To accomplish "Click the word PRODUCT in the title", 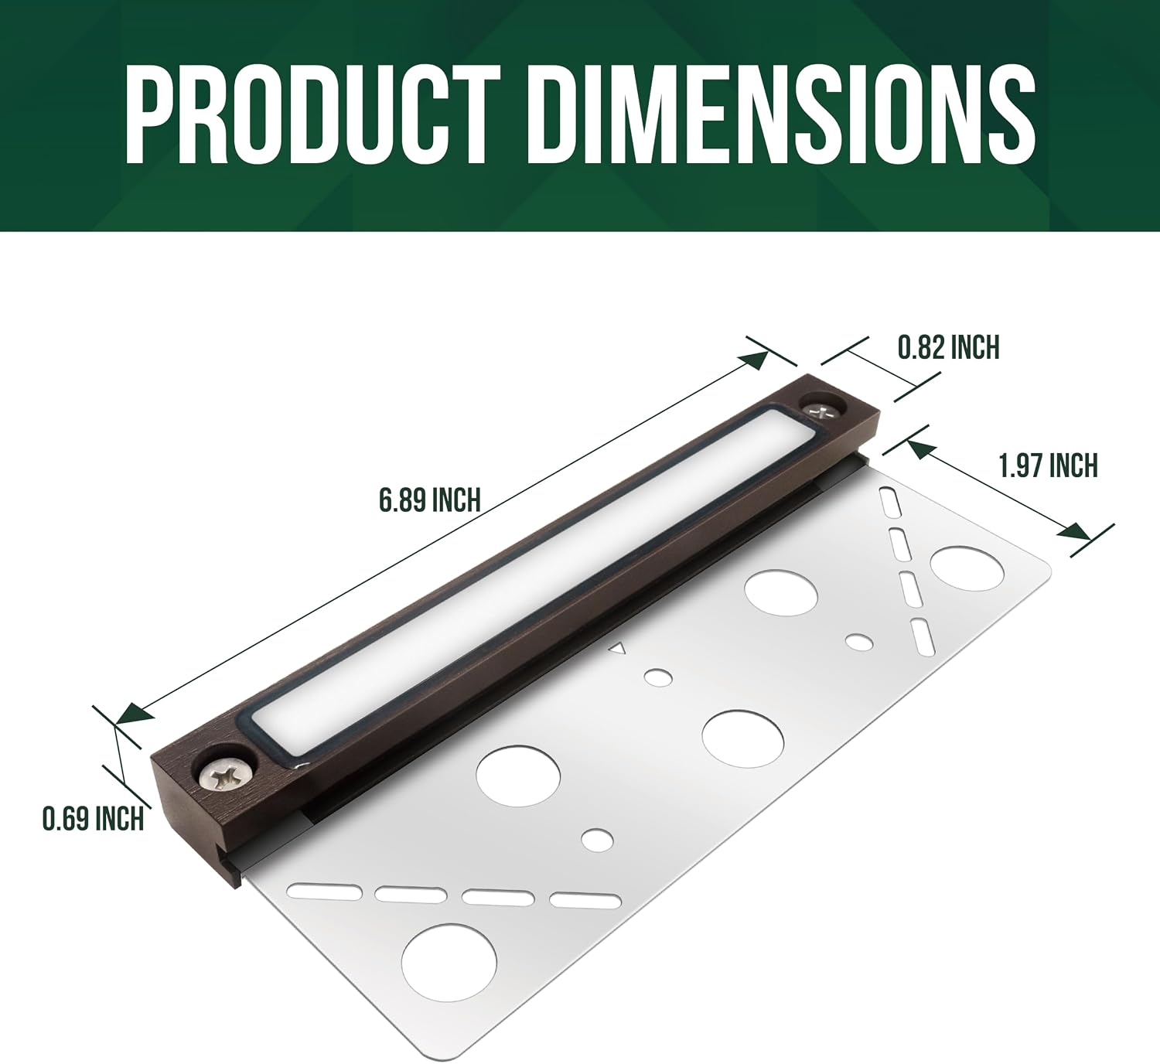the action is [313, 114].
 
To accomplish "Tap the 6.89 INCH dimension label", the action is [430, 500].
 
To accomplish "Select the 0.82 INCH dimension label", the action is [948, 347].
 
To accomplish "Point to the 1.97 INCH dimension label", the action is [1048, 465].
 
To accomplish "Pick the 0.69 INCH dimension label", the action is [93, 820].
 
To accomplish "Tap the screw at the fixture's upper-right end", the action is [820, 410].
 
